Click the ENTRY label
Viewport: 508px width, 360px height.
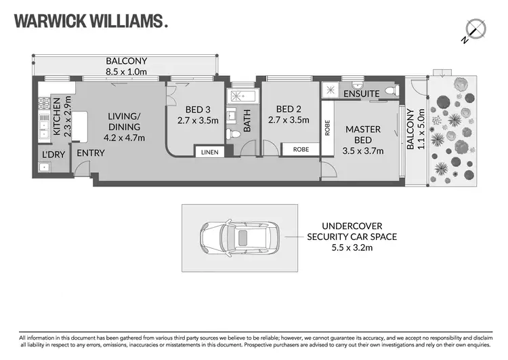(90, 153)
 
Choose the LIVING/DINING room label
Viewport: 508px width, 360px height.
(124, 121)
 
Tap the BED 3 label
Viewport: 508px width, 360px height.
(193, 110)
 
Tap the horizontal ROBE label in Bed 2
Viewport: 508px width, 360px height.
(301, 148)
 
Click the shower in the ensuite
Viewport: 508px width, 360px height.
(331, 89)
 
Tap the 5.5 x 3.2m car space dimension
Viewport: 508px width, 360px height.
(352, 247)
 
